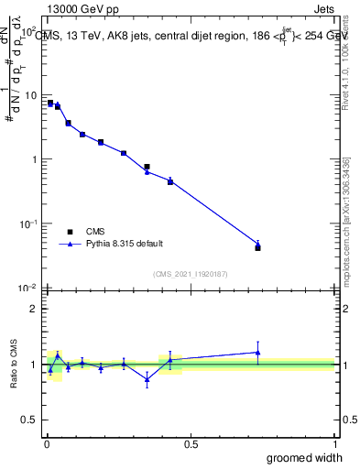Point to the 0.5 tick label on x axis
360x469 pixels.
[x=191, y=444]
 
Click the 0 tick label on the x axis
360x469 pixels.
[x=47, y=444]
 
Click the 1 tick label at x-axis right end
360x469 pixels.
[x=334, y=444]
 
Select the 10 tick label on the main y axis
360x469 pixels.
[x=30, y=95]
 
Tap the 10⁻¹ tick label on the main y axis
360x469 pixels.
[x=28, y=224]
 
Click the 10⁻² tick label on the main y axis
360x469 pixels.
[x=28, y=288]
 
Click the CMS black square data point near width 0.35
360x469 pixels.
[x=147, y=167]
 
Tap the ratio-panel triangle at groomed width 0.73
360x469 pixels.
[x=257, y=353]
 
